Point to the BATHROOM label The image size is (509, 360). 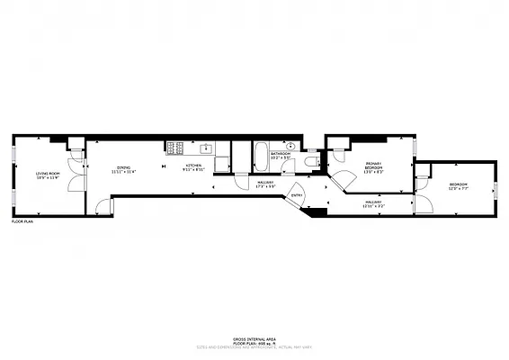(x=281, y=153)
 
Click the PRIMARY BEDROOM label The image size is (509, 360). (x=374, y=165)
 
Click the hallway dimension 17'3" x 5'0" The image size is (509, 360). (x=265, y=186)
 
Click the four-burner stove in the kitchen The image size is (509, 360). (x=174, y=147)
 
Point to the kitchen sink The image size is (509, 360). (x=206, y=148)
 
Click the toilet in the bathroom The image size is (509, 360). (x=310, y=160)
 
